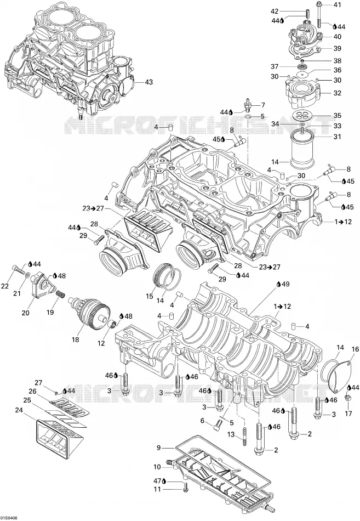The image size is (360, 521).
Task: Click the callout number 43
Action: click(149, 81)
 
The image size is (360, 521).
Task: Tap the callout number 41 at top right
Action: click(337, 4)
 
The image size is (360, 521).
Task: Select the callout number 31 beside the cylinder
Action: click(337, 137)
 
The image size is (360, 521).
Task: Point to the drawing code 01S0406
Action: click(9, 518)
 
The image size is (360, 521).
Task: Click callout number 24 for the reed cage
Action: click(19, 411)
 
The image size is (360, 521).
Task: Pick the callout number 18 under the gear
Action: click(76, 339)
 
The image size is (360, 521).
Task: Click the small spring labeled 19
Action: click(59, 295)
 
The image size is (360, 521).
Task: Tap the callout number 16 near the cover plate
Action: click(356, 349)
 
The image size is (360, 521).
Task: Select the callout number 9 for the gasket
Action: click(159, 448)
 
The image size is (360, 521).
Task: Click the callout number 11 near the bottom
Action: click(157, 467)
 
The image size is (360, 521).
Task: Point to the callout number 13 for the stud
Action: click(157, 489)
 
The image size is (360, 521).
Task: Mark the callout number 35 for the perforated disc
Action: click(337, 115)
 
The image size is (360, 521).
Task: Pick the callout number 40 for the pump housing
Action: click(337, 37)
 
